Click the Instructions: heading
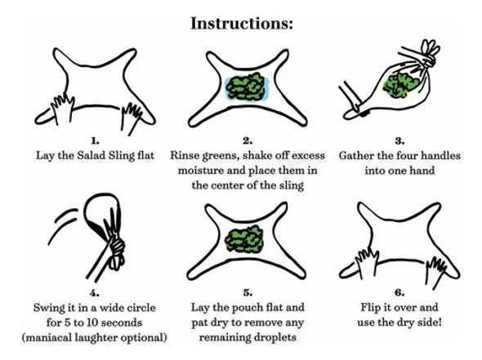tap(242, 24)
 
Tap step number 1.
tap(95, 141)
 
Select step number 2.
tap(248, 141)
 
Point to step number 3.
tap(399, 141)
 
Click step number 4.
tap(95, 293)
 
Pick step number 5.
tap(248, 293)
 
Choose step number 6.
tap(399, 293)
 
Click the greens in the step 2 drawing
tap(246, 87)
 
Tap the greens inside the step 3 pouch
tap(399, 84)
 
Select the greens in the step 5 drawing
tap(245, 239)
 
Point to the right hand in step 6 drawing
tap(437, 272)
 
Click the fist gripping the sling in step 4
tap(116, 248)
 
